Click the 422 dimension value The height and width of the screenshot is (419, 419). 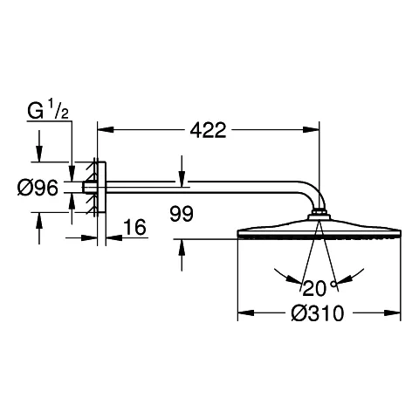click(x=208, y=130)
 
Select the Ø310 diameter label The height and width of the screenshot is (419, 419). click(x=318, y=313)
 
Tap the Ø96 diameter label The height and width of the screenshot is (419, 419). click(x=38, y=188)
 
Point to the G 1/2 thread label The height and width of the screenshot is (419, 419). click(x=48, y=109)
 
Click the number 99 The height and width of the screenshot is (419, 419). click(x=182, y=214)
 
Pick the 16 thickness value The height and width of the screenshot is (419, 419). click(x=134, y=227)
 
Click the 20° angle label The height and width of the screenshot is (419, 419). click(x=319, y=288)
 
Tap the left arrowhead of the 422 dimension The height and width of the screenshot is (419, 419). click(x=106, y=129)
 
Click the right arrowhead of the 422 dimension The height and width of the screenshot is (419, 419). click(x=311, y=129)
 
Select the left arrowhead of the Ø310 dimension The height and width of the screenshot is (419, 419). click(x=246, y=313)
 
